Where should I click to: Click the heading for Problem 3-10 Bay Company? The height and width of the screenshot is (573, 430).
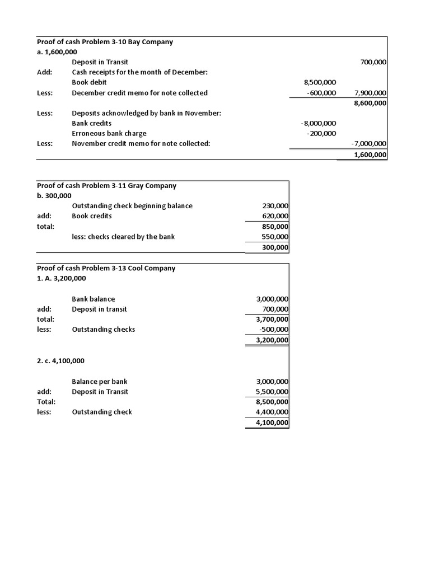click(105, 41)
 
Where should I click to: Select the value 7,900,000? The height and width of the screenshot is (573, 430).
click(371, 93)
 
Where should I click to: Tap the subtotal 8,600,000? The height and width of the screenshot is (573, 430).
click(371, 103)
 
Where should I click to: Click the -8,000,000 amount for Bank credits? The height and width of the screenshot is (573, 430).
click(319, 123)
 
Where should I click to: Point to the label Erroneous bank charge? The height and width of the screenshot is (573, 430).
click(109, 133)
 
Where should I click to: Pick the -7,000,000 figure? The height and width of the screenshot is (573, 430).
click(369, 144)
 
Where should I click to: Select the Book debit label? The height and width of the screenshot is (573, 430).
click(89, 82)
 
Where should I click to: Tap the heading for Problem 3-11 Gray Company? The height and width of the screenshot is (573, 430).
click(106, 185)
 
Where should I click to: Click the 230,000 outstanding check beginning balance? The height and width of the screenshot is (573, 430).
click(275, 206)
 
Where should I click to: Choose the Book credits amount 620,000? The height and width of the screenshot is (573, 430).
click(275, 216)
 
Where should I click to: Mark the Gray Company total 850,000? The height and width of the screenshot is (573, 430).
click(275, 227)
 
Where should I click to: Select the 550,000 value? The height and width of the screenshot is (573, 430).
click(275, 237)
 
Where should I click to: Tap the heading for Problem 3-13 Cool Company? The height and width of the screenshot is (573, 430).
click(106, 268)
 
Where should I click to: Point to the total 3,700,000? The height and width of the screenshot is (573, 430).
click(272, 320)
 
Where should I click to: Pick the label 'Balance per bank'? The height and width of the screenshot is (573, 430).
click(100, 382)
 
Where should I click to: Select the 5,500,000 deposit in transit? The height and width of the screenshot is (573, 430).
click(272, 392)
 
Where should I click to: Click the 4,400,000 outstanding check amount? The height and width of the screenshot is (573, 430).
click(272, 412)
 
